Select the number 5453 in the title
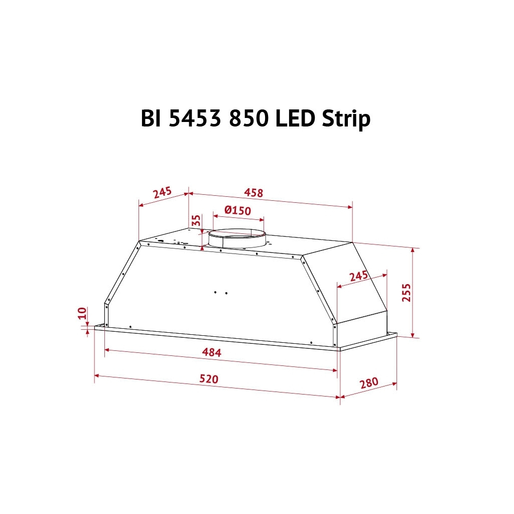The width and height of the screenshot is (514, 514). point(194,118)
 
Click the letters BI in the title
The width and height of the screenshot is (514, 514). point(150,118)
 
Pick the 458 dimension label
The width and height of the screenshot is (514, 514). point(253,192)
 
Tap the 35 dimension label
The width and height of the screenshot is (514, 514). point(196,220)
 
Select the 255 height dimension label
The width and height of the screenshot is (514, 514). point(406,293)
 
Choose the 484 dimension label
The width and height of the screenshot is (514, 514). point(211,352)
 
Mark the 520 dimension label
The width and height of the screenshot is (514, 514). point(209,378)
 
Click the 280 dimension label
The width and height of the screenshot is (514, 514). point(368,382)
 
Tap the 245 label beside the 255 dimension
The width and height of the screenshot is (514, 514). point(358,276)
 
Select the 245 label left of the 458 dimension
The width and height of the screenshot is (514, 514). point(163,192)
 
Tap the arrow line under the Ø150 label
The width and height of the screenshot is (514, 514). point(238,218)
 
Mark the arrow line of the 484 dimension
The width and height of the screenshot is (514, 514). point(221,360)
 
